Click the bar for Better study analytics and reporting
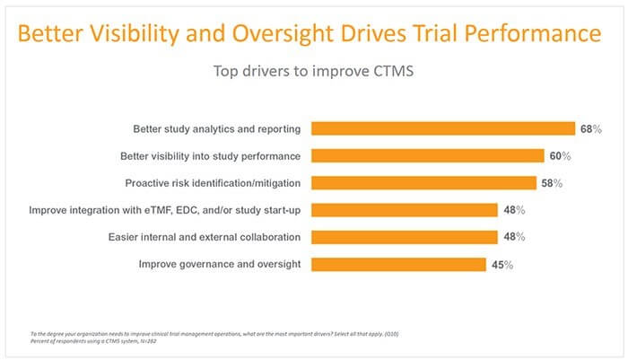pos(442,128)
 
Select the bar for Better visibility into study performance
pos(427,155)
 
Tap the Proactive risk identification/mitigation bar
pos(423,183)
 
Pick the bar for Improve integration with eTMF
pos(404,210)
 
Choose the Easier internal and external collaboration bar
pos(404,237)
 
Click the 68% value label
pos(590,129)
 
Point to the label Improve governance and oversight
pos(220,264)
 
